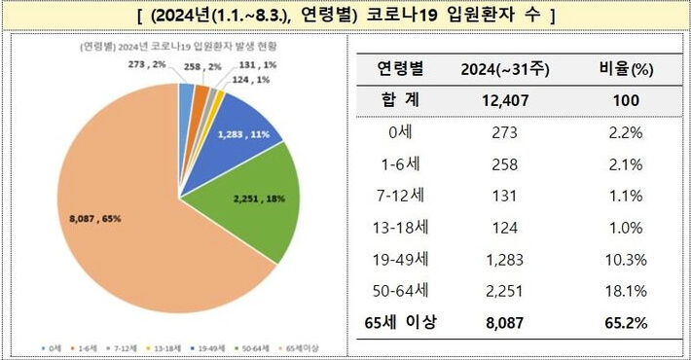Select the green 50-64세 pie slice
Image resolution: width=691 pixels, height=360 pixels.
243,204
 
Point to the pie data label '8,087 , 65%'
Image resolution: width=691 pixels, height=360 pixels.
94,217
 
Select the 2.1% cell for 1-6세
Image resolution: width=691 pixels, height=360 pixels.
628,163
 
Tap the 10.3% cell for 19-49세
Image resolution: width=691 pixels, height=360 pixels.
628,258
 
